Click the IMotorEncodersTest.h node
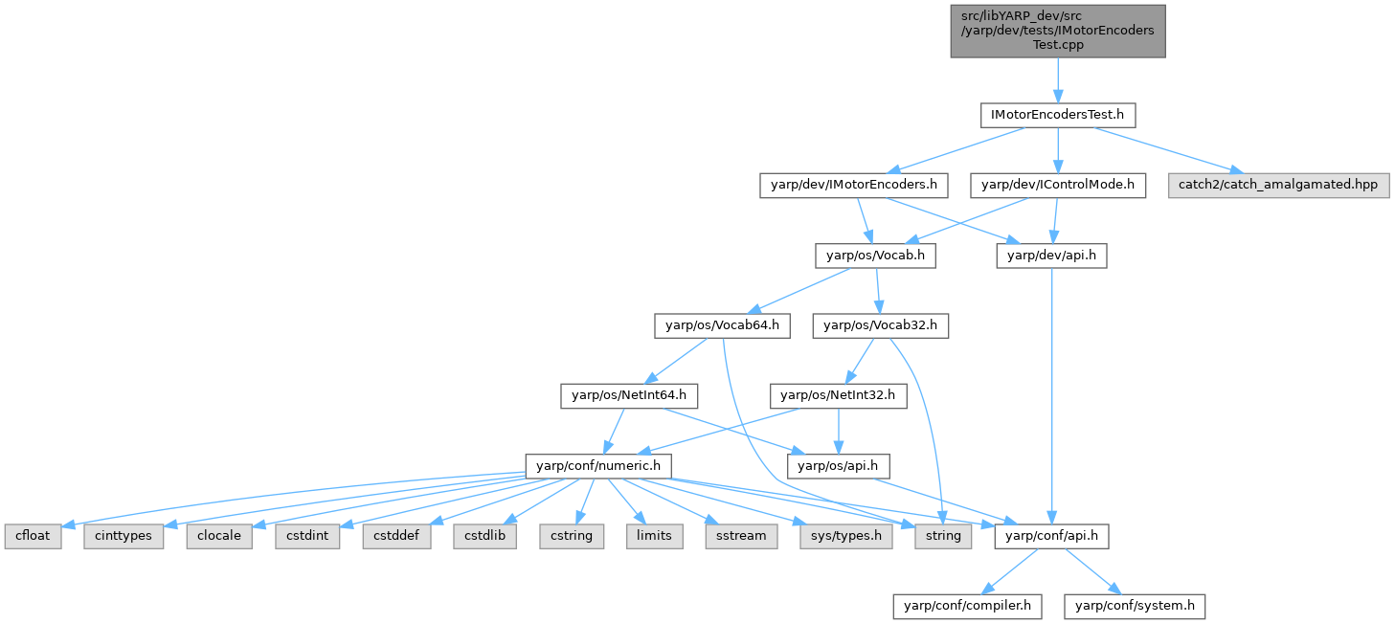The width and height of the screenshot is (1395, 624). click(1057, 115)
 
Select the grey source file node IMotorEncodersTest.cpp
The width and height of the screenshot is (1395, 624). click(1057, 31)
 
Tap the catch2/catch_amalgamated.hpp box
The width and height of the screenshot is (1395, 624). click(1278, 185)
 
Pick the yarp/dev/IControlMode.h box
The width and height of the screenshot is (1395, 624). click(1057, 185)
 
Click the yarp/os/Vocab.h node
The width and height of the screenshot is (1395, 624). click(875, 256)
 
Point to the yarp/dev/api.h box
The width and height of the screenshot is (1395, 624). click(1051, 256)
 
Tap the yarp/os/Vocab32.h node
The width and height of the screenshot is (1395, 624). click(880, 325)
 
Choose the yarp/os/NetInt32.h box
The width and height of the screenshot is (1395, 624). click(838, 395)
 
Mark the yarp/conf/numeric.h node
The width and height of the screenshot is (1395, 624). click(597, 466)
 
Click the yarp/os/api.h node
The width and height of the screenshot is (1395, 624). click(838, 466)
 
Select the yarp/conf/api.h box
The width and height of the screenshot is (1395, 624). click(1051, 536)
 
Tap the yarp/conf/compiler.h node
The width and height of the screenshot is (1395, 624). click(967, 606)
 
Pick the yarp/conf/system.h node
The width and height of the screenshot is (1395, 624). click(1135, 606)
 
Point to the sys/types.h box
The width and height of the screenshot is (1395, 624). click(844, 536)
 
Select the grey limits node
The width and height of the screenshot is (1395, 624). click(654, 536)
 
